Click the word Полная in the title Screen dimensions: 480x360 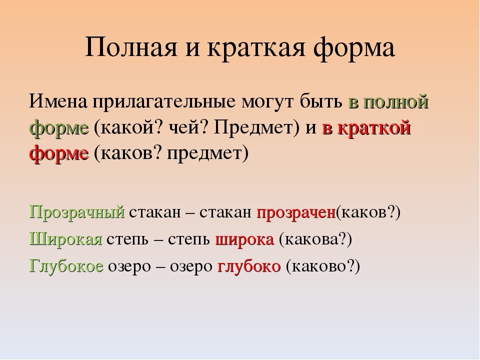(x=131, y=47)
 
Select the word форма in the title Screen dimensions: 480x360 (x=354, y=49)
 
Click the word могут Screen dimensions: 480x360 (x=267, y=103)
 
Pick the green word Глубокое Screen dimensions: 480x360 (x=66, y=265)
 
